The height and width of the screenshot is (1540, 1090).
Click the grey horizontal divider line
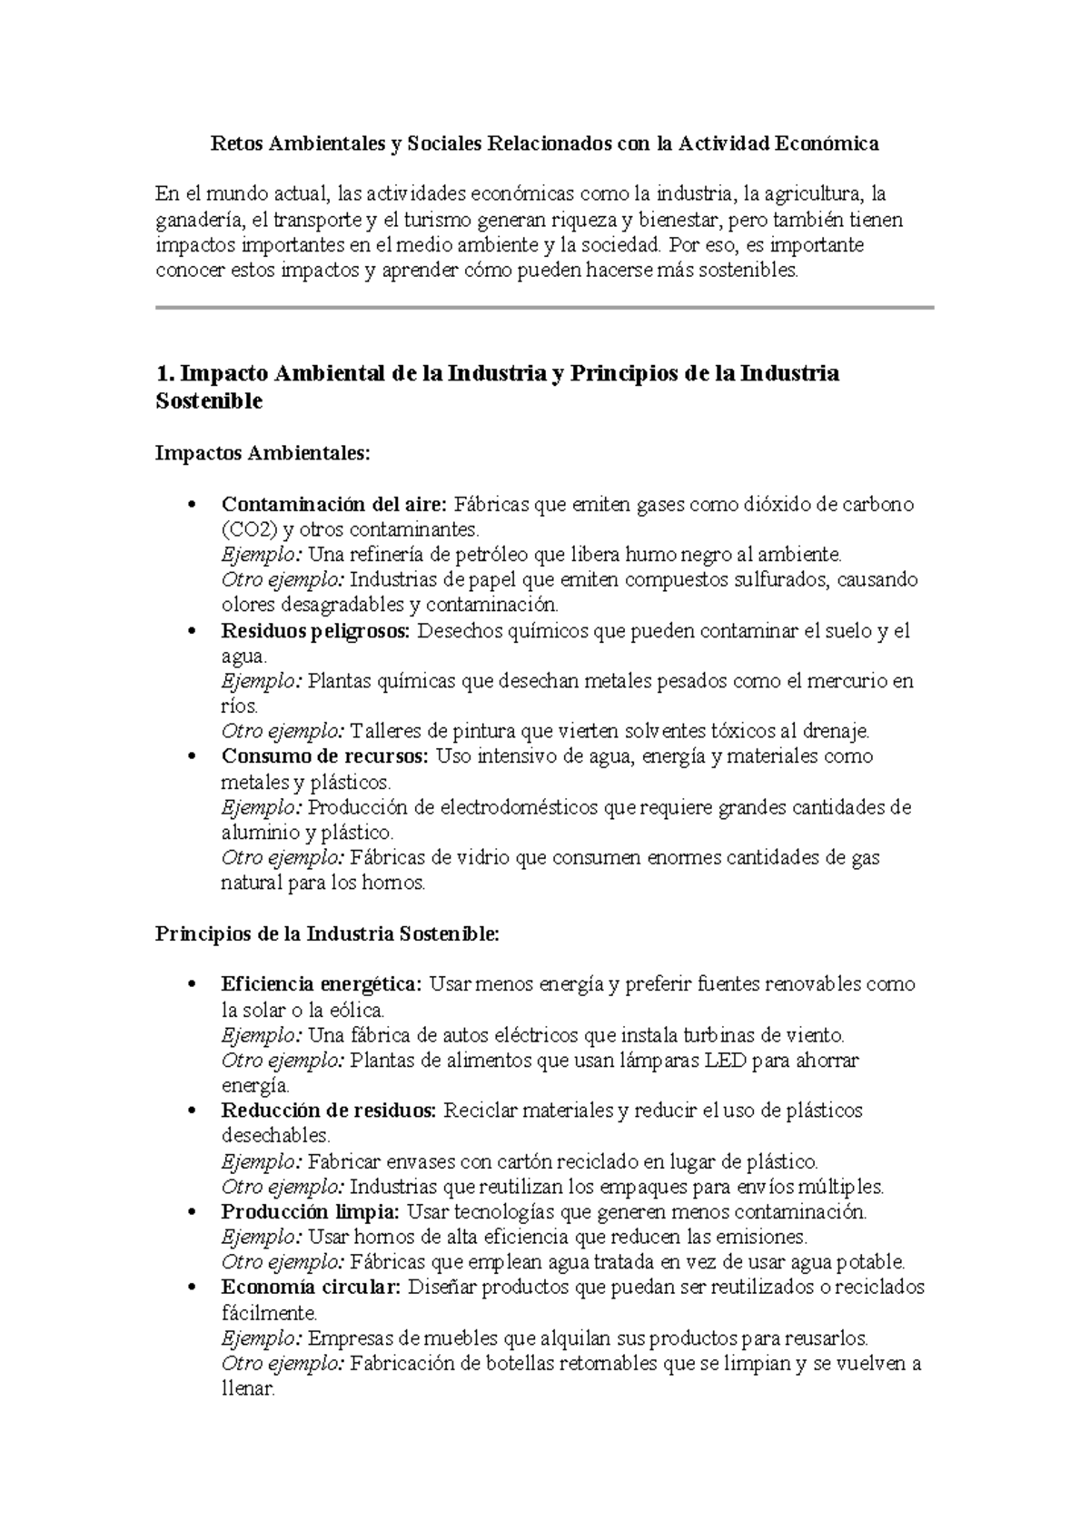click(x=545, y=308)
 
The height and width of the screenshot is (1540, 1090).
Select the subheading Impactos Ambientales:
click(x=263, y=452)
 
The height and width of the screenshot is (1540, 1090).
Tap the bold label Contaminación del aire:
click(x=334, y=504)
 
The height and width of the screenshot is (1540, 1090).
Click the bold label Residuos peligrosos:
click(x=316, y=630)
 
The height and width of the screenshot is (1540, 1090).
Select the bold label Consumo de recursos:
click(x=324, y=756)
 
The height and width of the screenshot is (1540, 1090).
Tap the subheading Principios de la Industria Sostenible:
click(x=327, y=933)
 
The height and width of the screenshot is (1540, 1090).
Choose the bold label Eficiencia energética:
click(x=322, y=984)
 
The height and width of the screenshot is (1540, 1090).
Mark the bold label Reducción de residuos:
click(x=329, y=1111)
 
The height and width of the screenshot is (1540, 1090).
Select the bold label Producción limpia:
click(x=310, y=1211)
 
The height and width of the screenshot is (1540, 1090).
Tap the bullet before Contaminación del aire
click(x=191, y=505)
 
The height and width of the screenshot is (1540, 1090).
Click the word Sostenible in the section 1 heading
click(x=209, y=401)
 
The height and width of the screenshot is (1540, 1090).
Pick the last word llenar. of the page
click(x=247, y=1389)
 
